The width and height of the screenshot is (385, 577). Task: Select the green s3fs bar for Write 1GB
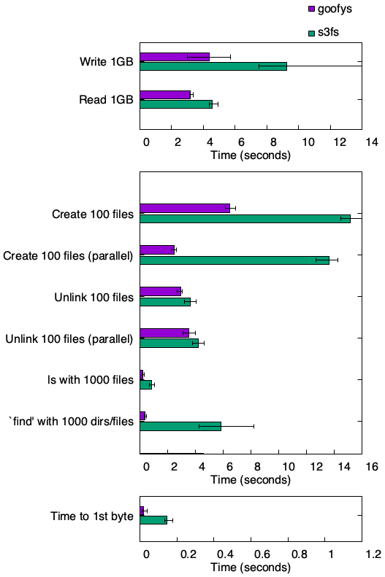(x=213, y=66)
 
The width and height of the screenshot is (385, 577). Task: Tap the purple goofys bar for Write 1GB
(x=175, y=57)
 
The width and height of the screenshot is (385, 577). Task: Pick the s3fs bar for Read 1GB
(x=176, y=104)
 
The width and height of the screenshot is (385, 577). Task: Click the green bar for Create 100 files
(x=245, y=218)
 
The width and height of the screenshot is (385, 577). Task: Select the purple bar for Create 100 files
(x=185, y=208)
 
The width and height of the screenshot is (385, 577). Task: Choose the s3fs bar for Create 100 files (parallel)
(x=235, y=260)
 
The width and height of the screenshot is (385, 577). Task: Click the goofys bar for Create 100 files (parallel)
(x=157, y=249)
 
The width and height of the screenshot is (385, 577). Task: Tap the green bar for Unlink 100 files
(x=165, y=301)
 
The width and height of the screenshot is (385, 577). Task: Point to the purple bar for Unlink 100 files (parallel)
(x=164, y=333)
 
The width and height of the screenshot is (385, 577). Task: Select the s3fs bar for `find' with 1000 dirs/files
(x=180, y=426)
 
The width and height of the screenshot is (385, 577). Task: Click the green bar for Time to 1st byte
(x=153, y=520)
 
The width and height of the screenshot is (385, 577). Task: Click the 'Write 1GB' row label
(x=107, y=61)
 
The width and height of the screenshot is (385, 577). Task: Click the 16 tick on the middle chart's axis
(x=370, y=466)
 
